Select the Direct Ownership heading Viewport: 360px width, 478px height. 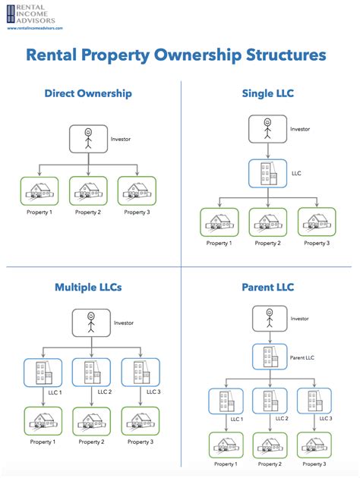tap(88, 93)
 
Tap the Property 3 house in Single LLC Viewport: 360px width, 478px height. tap(314, 222)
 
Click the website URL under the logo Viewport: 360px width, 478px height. tap(34, 27)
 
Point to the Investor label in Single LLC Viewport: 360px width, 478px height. tap(300, 129)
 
